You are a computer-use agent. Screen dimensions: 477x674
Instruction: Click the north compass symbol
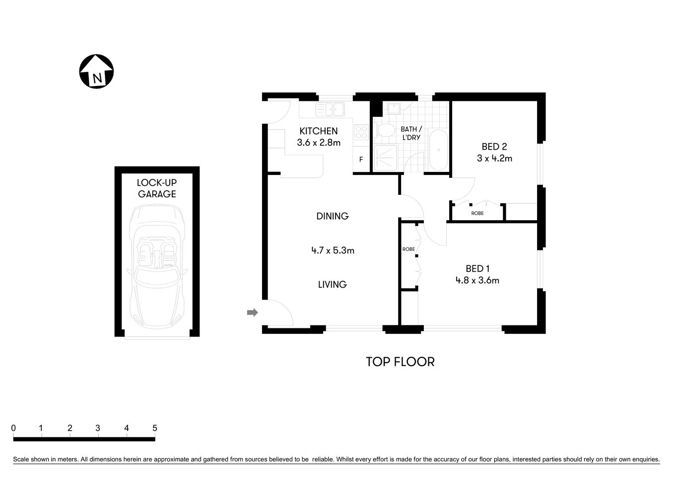coord(96,72)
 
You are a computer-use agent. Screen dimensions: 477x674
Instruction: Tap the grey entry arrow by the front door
coord(253,313)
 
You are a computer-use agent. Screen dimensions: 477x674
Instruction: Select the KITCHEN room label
coord(319,131)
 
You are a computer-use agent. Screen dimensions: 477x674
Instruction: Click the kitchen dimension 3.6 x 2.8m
coord(319,143)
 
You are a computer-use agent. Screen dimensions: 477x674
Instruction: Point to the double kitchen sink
coord(330,109)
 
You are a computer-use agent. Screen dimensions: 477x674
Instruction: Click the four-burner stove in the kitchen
coord(361,132)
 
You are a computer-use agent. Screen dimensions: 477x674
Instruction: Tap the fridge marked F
coord(361,159)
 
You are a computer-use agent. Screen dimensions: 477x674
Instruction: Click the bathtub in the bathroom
coord(437,150)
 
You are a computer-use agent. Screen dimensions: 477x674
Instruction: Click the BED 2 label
coord(494,147)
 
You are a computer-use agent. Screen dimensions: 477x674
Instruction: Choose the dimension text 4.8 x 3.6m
coord(477,280)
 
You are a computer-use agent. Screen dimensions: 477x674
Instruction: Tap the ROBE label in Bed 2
coord(477,213)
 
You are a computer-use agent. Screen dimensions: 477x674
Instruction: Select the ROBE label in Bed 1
coord(408,249)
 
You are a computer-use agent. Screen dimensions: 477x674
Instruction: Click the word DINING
coord(333,216)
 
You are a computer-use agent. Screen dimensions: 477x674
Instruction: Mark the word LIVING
coord(332,285)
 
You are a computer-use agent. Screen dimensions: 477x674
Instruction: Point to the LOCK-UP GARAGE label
coord(157,188)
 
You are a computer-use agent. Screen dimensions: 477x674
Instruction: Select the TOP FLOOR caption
coord(400,362)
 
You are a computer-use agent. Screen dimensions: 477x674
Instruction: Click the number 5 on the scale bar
coord(155,428)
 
